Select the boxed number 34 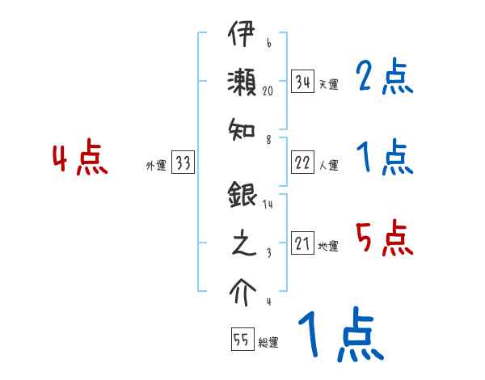pos(303,82)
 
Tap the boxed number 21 pos(303,243)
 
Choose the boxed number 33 pos(182,163)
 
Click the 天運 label pos(327,84)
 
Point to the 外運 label pos(155,166)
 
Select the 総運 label pos(268,343)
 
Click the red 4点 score pos(80,158)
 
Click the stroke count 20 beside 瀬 pos(268,91)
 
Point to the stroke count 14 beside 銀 pos(268,205)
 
